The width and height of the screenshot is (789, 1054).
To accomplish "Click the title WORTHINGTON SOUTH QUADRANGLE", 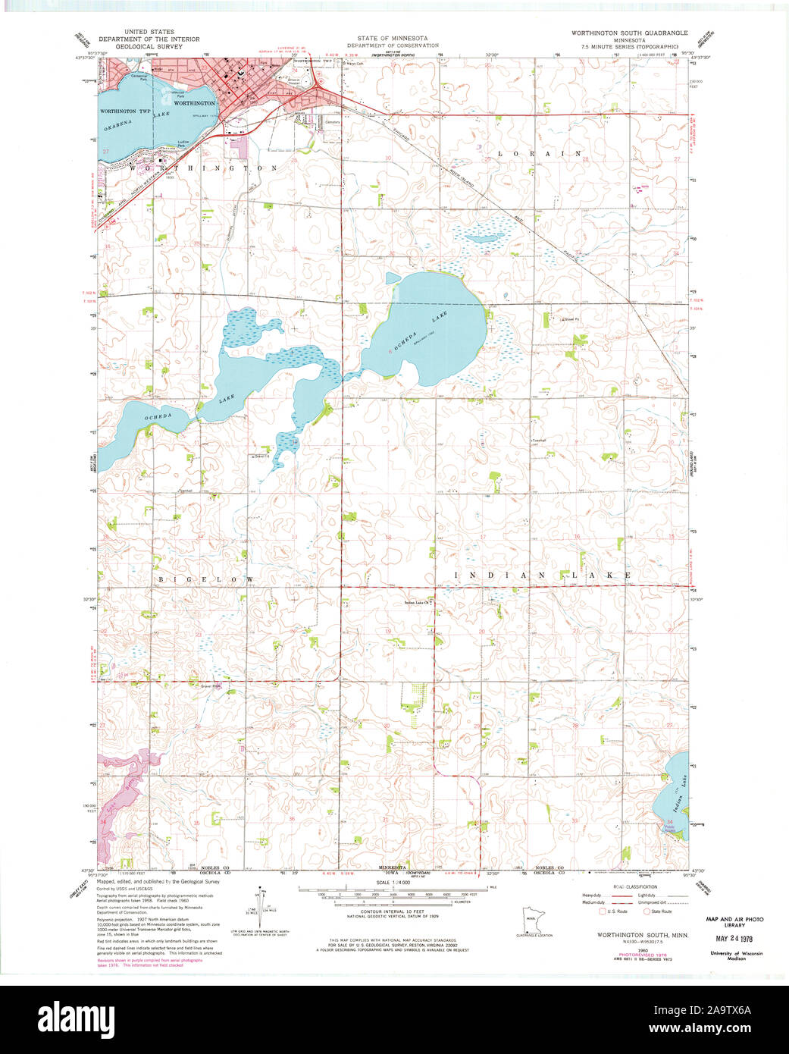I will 629,33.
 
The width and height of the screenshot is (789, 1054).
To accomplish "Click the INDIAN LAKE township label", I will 543,576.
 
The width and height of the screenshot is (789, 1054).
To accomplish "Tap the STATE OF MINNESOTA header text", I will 393,38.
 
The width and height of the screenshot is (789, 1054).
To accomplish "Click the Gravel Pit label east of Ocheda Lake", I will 571,319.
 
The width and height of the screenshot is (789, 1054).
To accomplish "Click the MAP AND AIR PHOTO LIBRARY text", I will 734,922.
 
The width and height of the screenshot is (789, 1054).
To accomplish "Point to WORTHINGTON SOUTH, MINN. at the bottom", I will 643,936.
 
